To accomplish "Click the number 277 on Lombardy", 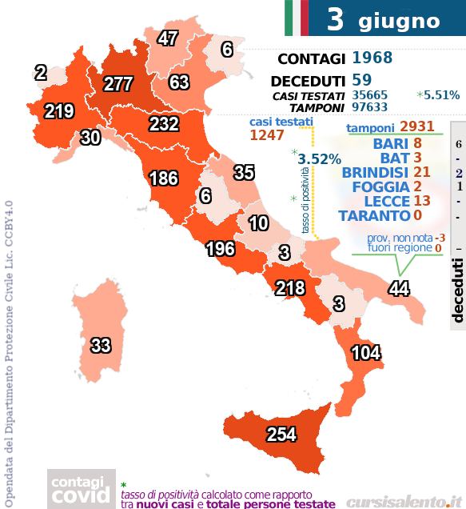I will pyautogui.click(x=117, y=84).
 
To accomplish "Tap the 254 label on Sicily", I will pyautogui.click(x=281, y=434).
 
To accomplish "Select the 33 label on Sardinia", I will pyautogui.click(x=100, y=346).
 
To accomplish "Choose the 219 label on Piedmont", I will pyautogui.click(x=59, y=111).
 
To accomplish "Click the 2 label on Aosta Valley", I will pyautogui.click(x=41, y=73).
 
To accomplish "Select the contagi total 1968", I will pyautogui.click(x=372, y=58).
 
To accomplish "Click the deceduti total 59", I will pyautogui.click(x=361, y=81).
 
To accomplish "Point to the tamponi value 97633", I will pyautogui.click(x=371, y=107).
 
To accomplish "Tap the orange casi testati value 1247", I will pyautogui.click(x=267, y=135).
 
